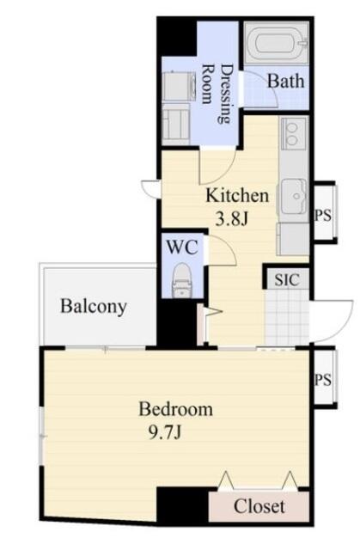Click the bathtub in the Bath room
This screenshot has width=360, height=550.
(x=277, y=43)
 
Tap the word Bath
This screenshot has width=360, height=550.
(x=286, y=81)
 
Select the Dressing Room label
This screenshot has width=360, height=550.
(x=217, y=93)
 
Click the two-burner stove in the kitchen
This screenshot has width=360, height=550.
(x=294, y=134)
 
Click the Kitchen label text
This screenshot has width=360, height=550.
(x=237, y=195)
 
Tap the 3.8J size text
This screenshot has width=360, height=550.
(x=231, y=220)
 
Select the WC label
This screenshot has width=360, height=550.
(x=182, y=247)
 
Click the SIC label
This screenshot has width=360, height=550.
(x=287, y=279)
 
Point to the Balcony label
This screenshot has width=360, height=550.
(x=94, y=307)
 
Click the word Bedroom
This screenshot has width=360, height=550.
(x=175, y=409)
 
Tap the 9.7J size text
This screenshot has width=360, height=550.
(x=165, y=432)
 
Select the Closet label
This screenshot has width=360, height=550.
(x=259, y=506)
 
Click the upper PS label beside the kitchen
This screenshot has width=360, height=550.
(x=323, y=215)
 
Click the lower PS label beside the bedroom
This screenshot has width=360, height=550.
(x=323, y=379)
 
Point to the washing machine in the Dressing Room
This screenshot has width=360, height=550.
(x=179, y=86)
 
